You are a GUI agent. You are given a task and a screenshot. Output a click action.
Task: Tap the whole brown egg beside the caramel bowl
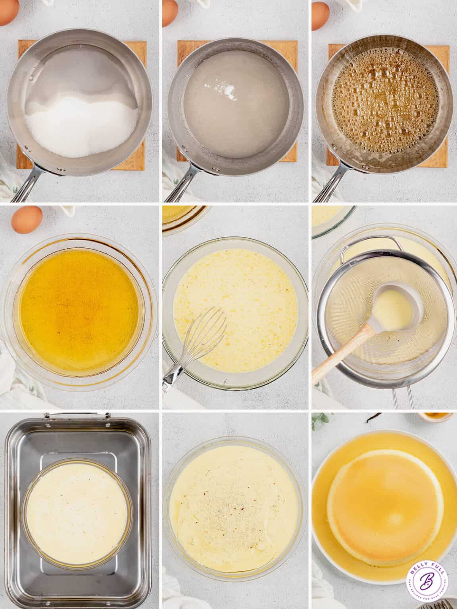click(x=27, y=221)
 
